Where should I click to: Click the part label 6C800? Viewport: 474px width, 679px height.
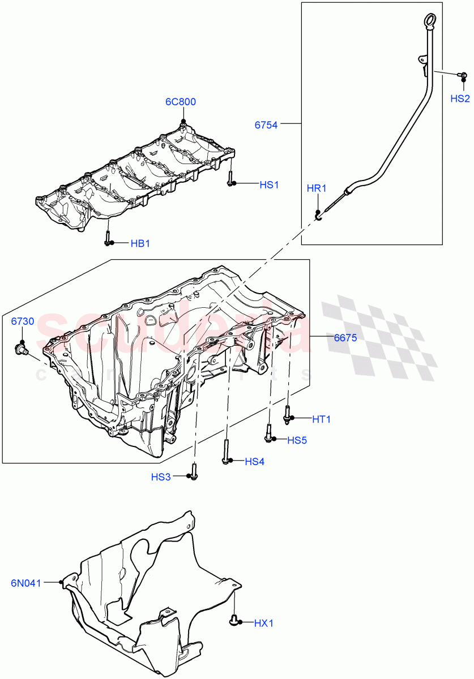(181, 102)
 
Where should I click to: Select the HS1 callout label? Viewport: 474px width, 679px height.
(269, 185)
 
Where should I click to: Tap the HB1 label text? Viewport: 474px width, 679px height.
(140, 243)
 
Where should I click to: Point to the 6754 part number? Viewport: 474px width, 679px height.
(266, 125)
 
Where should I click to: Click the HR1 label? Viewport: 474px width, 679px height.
(317, 188)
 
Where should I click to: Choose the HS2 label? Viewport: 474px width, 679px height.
(460, 98)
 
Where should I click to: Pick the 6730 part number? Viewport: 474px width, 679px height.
(23, 321)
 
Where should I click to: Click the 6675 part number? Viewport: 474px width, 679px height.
(345, 338)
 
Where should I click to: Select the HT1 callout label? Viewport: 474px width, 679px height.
(321, 419)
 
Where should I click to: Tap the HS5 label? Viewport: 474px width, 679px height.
(297, 440)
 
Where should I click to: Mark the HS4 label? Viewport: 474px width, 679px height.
(254, 462)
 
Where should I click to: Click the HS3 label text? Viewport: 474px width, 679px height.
(161, 477)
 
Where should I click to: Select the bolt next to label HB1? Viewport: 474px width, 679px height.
(107, 238)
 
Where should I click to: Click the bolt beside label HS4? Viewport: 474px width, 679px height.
(226, 452)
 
